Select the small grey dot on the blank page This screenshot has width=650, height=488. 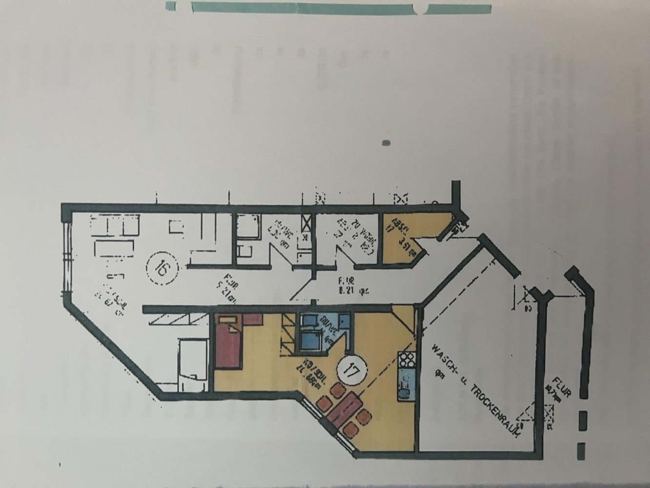point(387,143)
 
